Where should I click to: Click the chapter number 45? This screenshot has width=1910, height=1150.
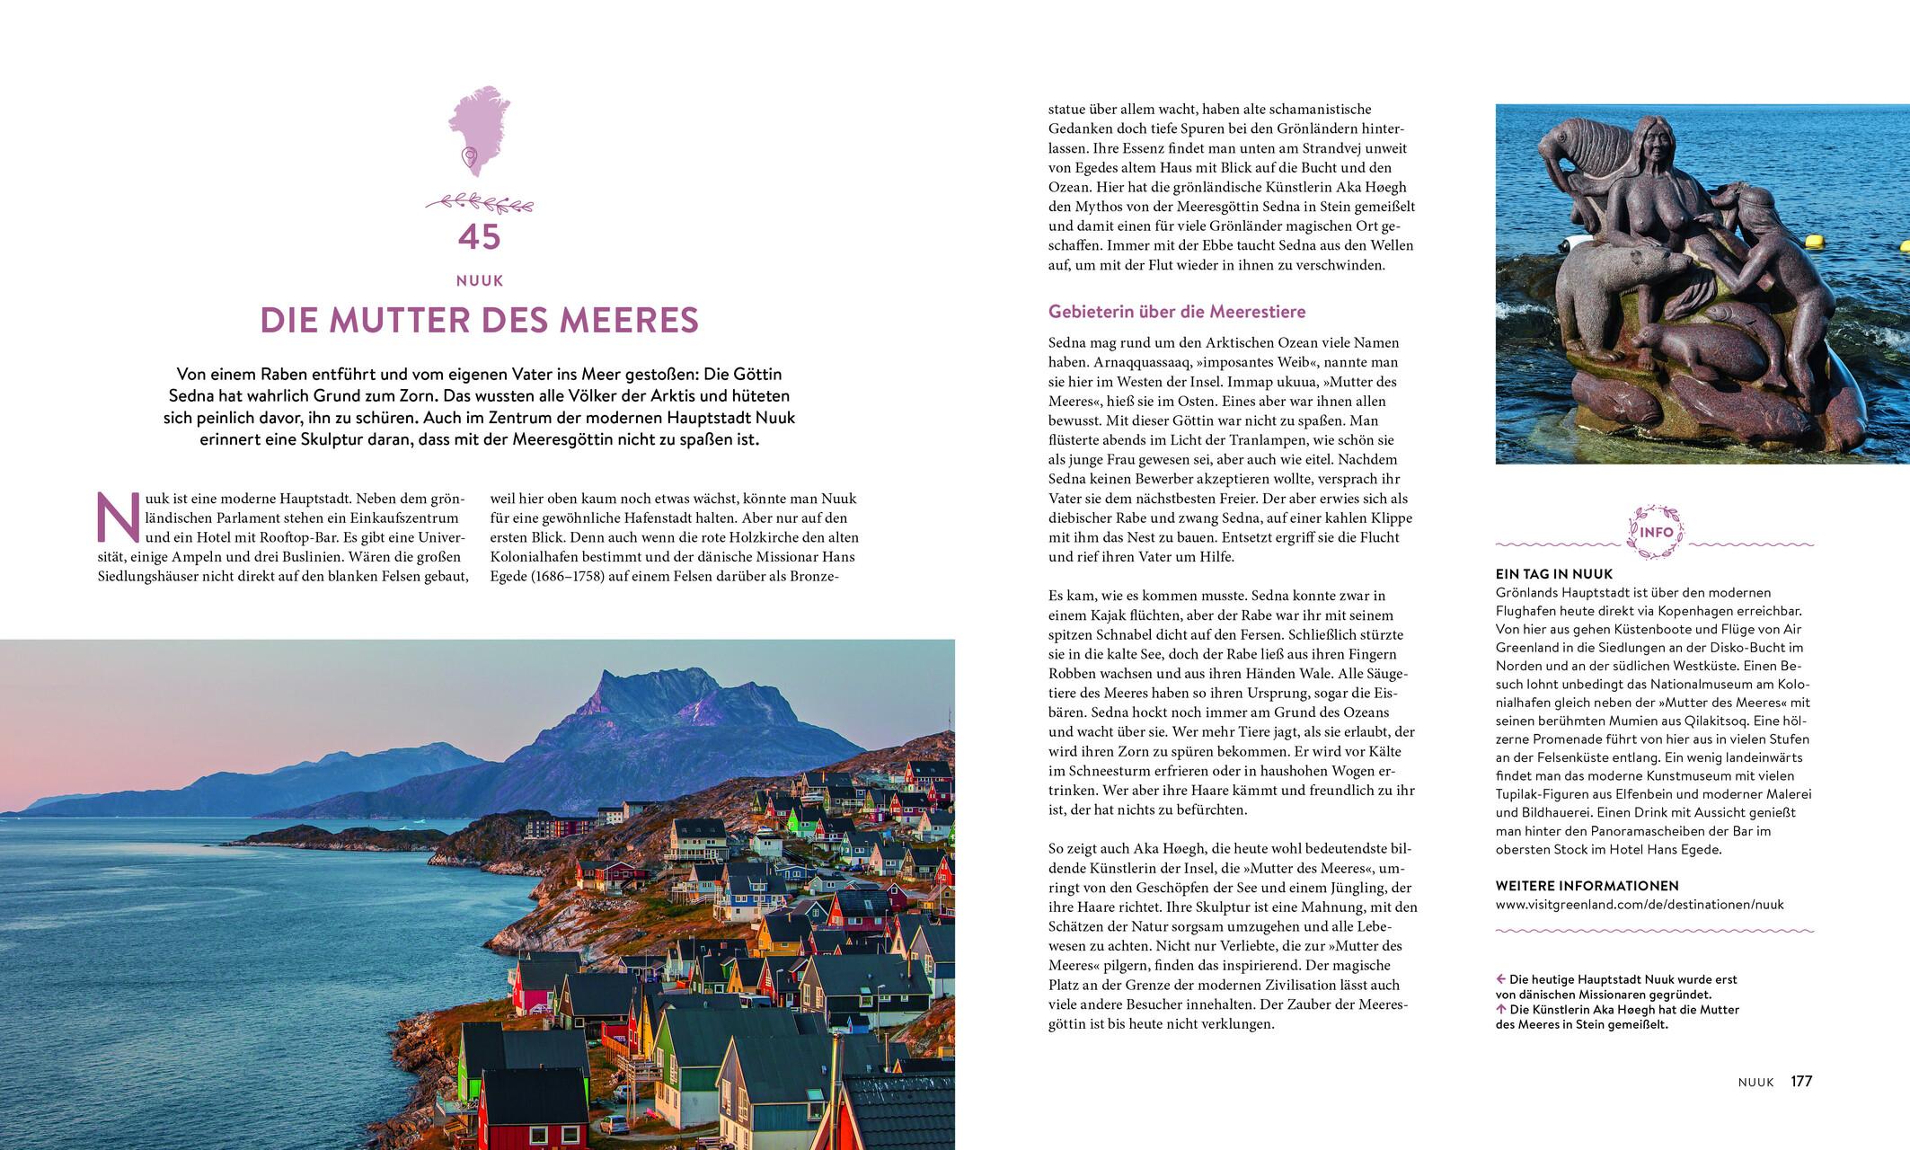[x=479, y=237]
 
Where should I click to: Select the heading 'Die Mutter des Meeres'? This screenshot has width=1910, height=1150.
[x=479, y=321]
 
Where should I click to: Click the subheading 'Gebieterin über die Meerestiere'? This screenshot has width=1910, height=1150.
[x=1177, y=312]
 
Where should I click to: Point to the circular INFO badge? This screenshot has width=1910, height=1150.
[x=1654, y=532]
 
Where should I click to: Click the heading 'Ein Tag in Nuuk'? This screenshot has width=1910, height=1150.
[x=1554, y=574]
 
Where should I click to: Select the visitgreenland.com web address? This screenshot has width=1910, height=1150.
[x=1640, y=905]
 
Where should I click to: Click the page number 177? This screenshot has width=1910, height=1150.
[x=1801, y=1082]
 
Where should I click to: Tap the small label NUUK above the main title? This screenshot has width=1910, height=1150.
[x=479, y=281]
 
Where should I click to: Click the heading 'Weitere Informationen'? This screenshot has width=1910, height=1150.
[x=1587, y=886]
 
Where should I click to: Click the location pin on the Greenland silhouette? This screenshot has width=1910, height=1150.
[x=468, y=158]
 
